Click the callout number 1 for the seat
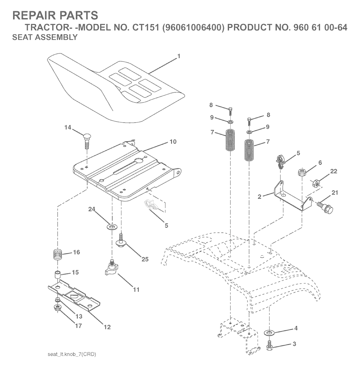pyautogui.click(x=179, y=56)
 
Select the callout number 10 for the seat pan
pyautogui.click(x=173, y=142)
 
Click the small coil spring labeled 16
pyautogui.click(x=58, y=255)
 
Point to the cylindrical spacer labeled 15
pyautogui.click(x=58, y=275)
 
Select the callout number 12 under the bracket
pyautogui.click(x=107, y=327)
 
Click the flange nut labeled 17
pyautogui.click(x=57, y=308)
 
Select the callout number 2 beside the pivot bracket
pyautogui.click(x=259, y=197)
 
